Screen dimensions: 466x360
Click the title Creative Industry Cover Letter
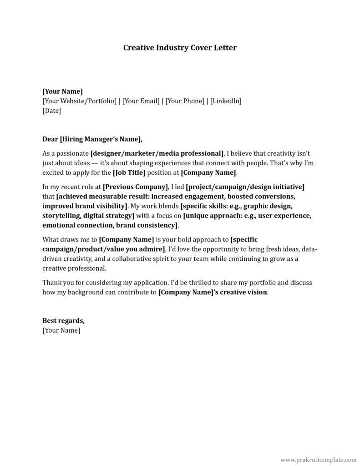click(x=180, y=47)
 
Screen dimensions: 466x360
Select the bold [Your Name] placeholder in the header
click(x=62, y=91)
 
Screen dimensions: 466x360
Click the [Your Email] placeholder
click(x=141, y=101)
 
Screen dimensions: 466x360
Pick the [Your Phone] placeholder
click(x=185, y=101)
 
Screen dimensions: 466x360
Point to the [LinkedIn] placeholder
click(x=226, y=101)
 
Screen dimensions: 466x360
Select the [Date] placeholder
click(x=51, y=111)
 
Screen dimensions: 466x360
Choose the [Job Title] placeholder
click(x=129, y=172)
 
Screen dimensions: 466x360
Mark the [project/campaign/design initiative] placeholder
click(x=245, y=187)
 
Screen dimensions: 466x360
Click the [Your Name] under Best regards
click(x=61, y=330)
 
